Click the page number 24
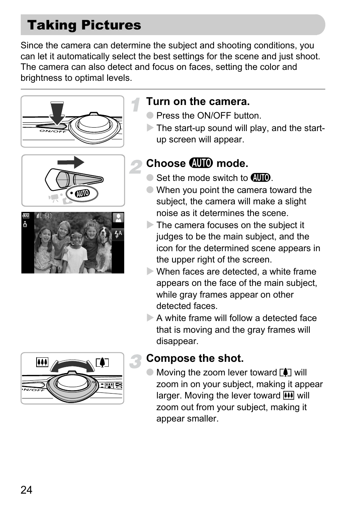(26, 489)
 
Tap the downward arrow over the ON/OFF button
(57, 113)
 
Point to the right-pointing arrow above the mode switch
(71, 162)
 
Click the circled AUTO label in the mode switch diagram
(82, 194)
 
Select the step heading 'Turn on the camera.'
(198, 101)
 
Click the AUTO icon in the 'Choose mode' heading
(201, 163)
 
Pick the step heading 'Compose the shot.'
(195, 358)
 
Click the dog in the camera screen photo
(105, 247)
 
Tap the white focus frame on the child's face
(77, 239)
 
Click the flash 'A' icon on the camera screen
(118, 234)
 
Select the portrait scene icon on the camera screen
(118, 218)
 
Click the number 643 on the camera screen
(48, 216)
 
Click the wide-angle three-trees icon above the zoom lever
(42, 362)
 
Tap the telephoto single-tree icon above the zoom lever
(102, 363)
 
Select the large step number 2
(136, 167)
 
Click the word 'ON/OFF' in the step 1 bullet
(214, 116)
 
